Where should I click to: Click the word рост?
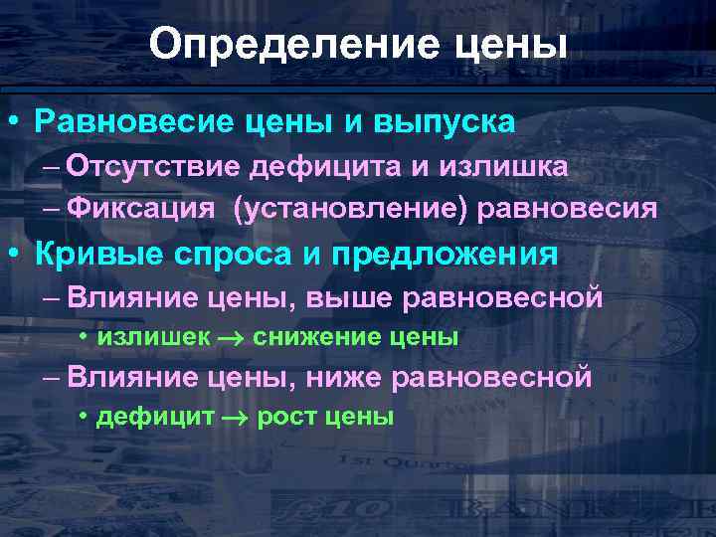(285, 417)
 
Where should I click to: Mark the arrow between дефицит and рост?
(234, 418)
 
